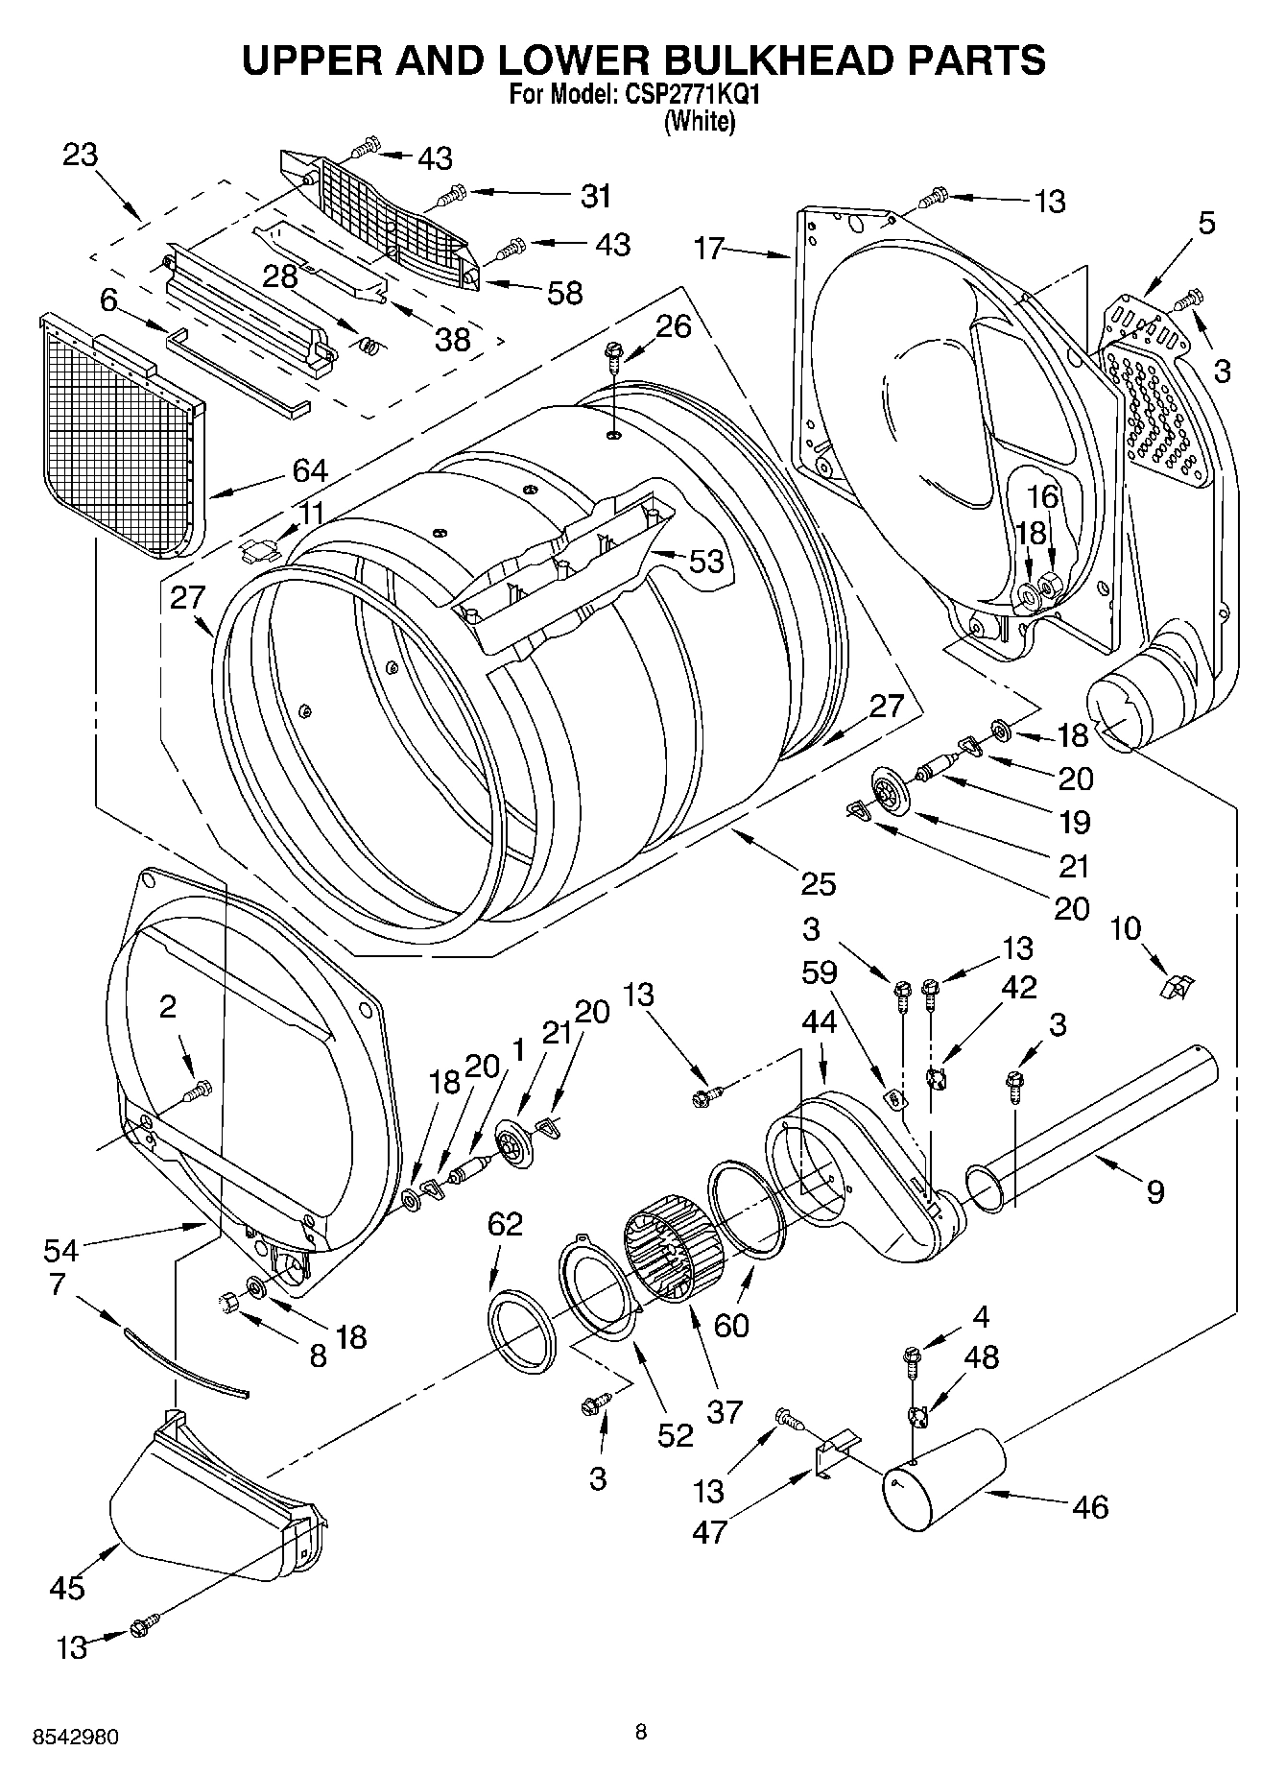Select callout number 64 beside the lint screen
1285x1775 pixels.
pos(310,471)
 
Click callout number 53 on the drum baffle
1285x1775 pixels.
pos(706,561)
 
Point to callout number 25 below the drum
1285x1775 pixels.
pos(818,882)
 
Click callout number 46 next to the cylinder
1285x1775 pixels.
pos(1091,1506)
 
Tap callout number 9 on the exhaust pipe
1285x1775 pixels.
pos(1154,1191)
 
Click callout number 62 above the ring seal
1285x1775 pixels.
pos(505,1224)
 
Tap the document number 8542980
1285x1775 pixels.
pos(76,1737)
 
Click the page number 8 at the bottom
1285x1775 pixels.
pos(640,1732)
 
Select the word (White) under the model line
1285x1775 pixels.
pos(700,121)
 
